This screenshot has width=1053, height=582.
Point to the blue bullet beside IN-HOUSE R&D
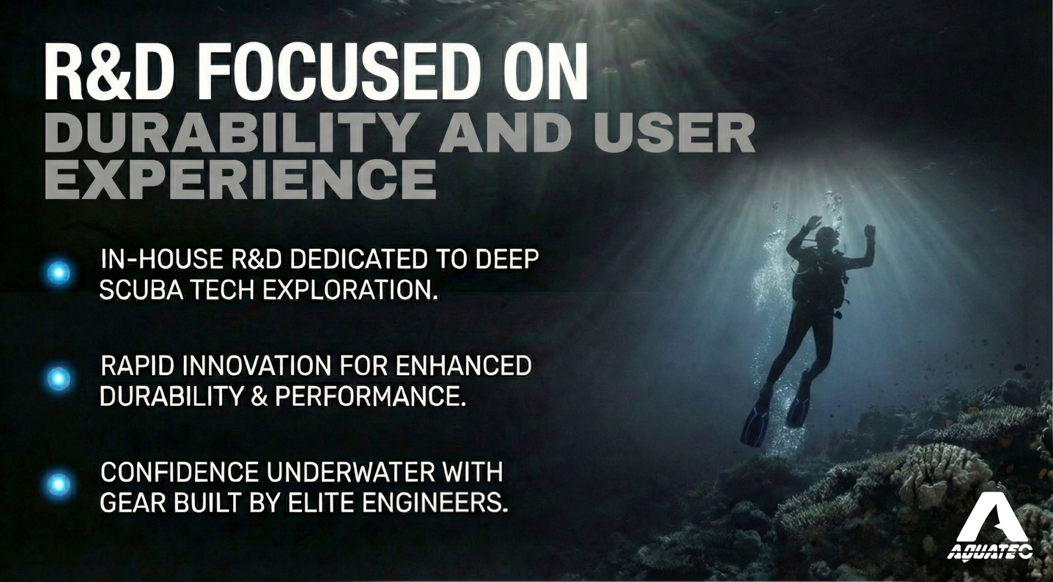pos(58,273)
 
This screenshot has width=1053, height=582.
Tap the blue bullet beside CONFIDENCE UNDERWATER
pos(58,484)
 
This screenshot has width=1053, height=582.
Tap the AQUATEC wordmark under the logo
pos(990,552)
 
